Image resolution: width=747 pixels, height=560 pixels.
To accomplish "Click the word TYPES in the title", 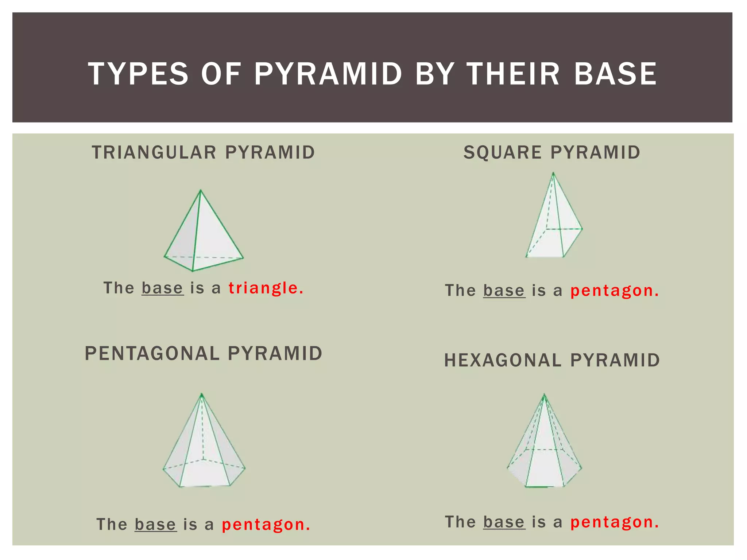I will [138, 74].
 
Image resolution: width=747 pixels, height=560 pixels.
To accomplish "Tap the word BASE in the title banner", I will [615, 74].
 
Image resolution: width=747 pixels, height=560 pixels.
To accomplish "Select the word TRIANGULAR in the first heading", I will [154, 152].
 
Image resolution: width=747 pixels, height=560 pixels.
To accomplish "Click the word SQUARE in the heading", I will [502, 152].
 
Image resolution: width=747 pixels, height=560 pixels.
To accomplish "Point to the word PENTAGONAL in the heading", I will [152, 353].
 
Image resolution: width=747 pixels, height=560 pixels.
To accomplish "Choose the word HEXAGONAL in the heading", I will [503, 360].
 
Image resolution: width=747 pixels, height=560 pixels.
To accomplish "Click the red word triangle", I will [266, 288].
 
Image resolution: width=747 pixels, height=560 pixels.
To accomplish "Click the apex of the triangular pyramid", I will [201, 190].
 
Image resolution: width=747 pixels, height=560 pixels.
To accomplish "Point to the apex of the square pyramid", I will [553, 173].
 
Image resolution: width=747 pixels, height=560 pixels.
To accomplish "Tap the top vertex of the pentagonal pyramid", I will [202, 394].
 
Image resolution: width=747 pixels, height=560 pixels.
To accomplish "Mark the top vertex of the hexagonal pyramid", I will [544, 394].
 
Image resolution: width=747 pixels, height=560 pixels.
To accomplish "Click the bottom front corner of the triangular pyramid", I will [193, 271].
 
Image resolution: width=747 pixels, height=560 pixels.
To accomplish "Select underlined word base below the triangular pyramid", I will [162, 288].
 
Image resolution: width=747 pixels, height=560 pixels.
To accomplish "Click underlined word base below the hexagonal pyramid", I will [504, 522].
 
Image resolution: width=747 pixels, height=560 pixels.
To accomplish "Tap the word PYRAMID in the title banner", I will [328, 74].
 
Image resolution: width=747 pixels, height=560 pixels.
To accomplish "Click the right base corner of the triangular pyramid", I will [243, 258].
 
